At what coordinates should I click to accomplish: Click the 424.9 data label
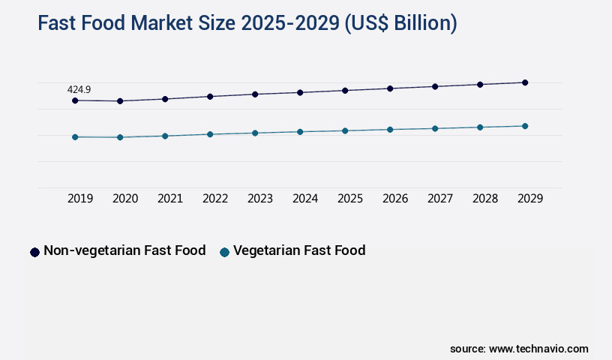coord(79,89)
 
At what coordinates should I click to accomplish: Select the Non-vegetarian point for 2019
coord(75,100)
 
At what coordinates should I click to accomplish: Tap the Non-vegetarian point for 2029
coord(525,82)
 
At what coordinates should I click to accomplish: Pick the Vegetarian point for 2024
coord(300,132)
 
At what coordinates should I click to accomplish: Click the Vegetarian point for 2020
coord(120,137)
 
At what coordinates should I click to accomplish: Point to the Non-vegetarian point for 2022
coord(210,97)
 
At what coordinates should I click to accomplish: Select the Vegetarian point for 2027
coord(435,128)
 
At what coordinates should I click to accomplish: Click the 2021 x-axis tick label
coord(170,199)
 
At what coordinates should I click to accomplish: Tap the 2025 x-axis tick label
coord(350,199)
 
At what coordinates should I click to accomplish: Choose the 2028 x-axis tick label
coord(485,199)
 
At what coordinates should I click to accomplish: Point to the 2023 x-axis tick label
coord(260,199)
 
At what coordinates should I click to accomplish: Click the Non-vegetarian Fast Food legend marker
coord(34,252)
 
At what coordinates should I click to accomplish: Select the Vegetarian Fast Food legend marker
coord(224,252)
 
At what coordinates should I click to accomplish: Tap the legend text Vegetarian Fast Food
coord(299,250)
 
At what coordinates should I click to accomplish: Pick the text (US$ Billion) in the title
coord(400,23)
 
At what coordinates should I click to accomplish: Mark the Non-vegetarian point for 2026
coord(390,88)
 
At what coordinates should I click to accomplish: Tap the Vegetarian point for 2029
coord(525,126)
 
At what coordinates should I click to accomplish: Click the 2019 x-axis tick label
coord(80,199)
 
